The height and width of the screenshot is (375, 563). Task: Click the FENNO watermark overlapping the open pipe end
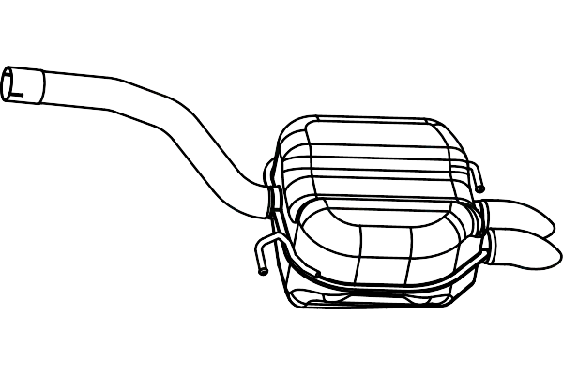coord(53,92)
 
